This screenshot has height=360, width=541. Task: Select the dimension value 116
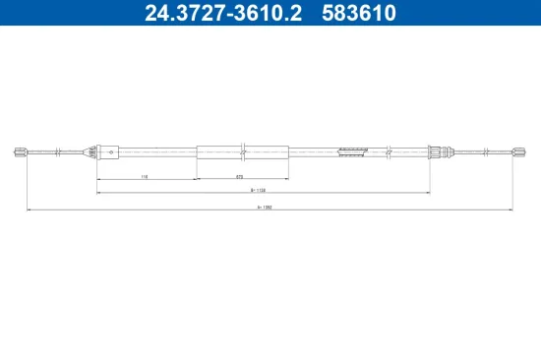coord(144,176)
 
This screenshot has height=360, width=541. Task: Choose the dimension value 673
coord(240,176)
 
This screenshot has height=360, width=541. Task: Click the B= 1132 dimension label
coord(260,190)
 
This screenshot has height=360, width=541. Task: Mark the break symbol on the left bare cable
coord(60,151)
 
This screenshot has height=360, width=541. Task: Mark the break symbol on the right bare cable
coord(489,151)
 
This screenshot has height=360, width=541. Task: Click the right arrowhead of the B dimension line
coord(429,193)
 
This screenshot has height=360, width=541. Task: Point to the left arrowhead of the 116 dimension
coord(98,179)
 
